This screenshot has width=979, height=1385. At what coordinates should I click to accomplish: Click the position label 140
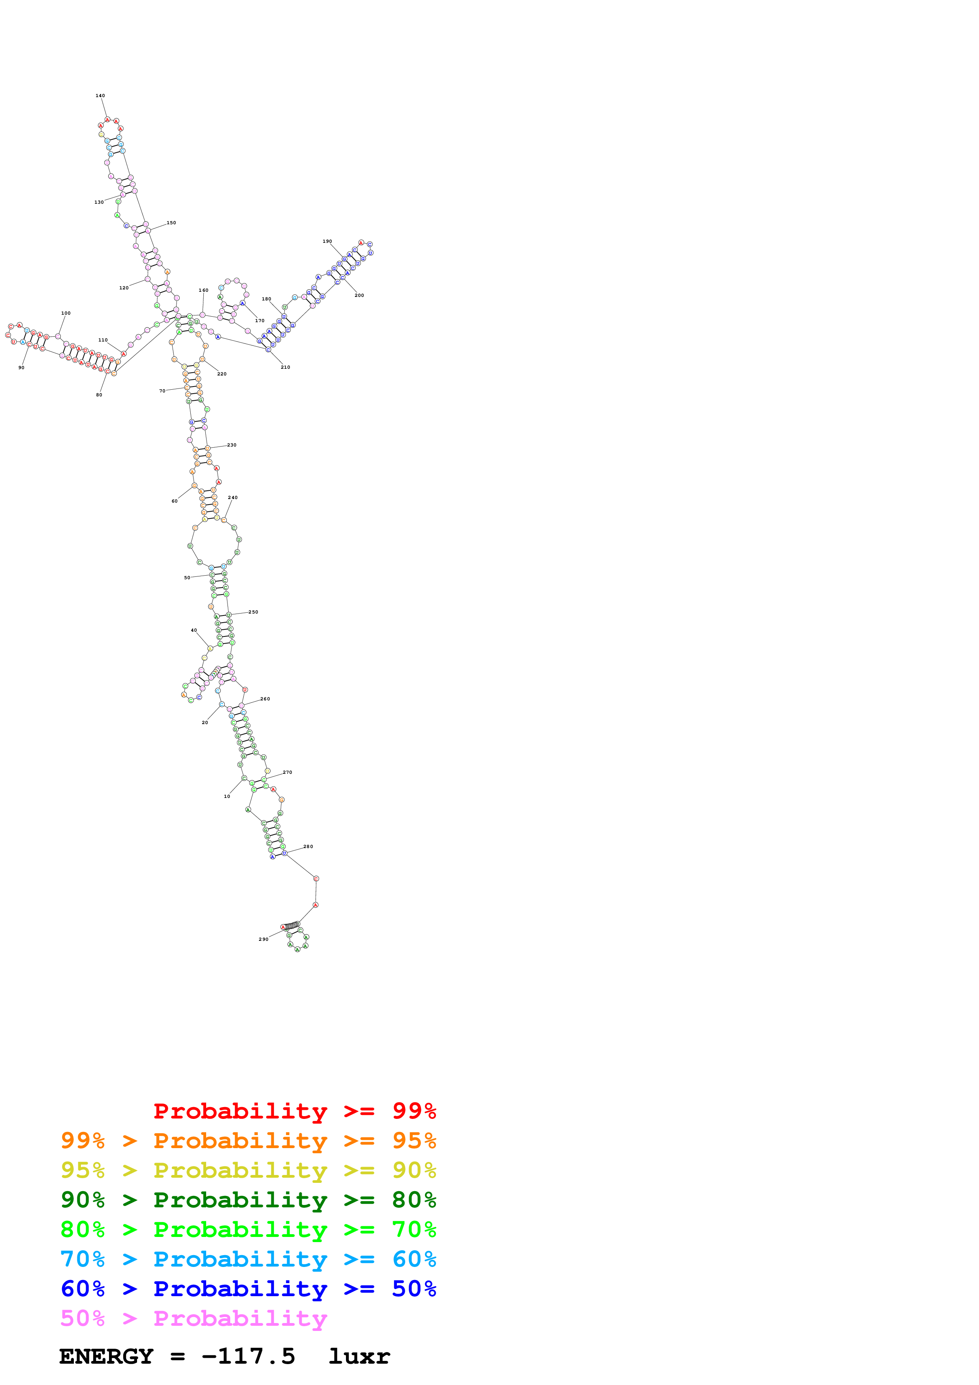pos(100,95)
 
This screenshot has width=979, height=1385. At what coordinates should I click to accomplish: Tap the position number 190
pos(327,241)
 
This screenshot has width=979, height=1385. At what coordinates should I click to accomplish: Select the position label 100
pos(66,313)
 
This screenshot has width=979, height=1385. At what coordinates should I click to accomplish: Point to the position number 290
pos(263,939)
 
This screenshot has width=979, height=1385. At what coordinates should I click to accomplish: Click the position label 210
pos(285,367)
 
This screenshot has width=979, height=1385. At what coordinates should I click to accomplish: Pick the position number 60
pos(174,501)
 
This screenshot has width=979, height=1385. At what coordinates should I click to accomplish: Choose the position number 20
pos(205,722)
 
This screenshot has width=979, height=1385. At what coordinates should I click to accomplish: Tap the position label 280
pos(308,846)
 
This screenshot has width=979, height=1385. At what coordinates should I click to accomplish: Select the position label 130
pos(99,202)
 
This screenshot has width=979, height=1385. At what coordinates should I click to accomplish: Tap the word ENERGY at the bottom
pos(106,1357)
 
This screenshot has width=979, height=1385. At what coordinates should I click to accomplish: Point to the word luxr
pos(359,1357)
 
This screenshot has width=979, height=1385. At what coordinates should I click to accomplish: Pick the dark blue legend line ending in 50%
pos(248,1289)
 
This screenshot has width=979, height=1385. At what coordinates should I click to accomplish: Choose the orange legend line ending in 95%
pos(248,1141)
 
